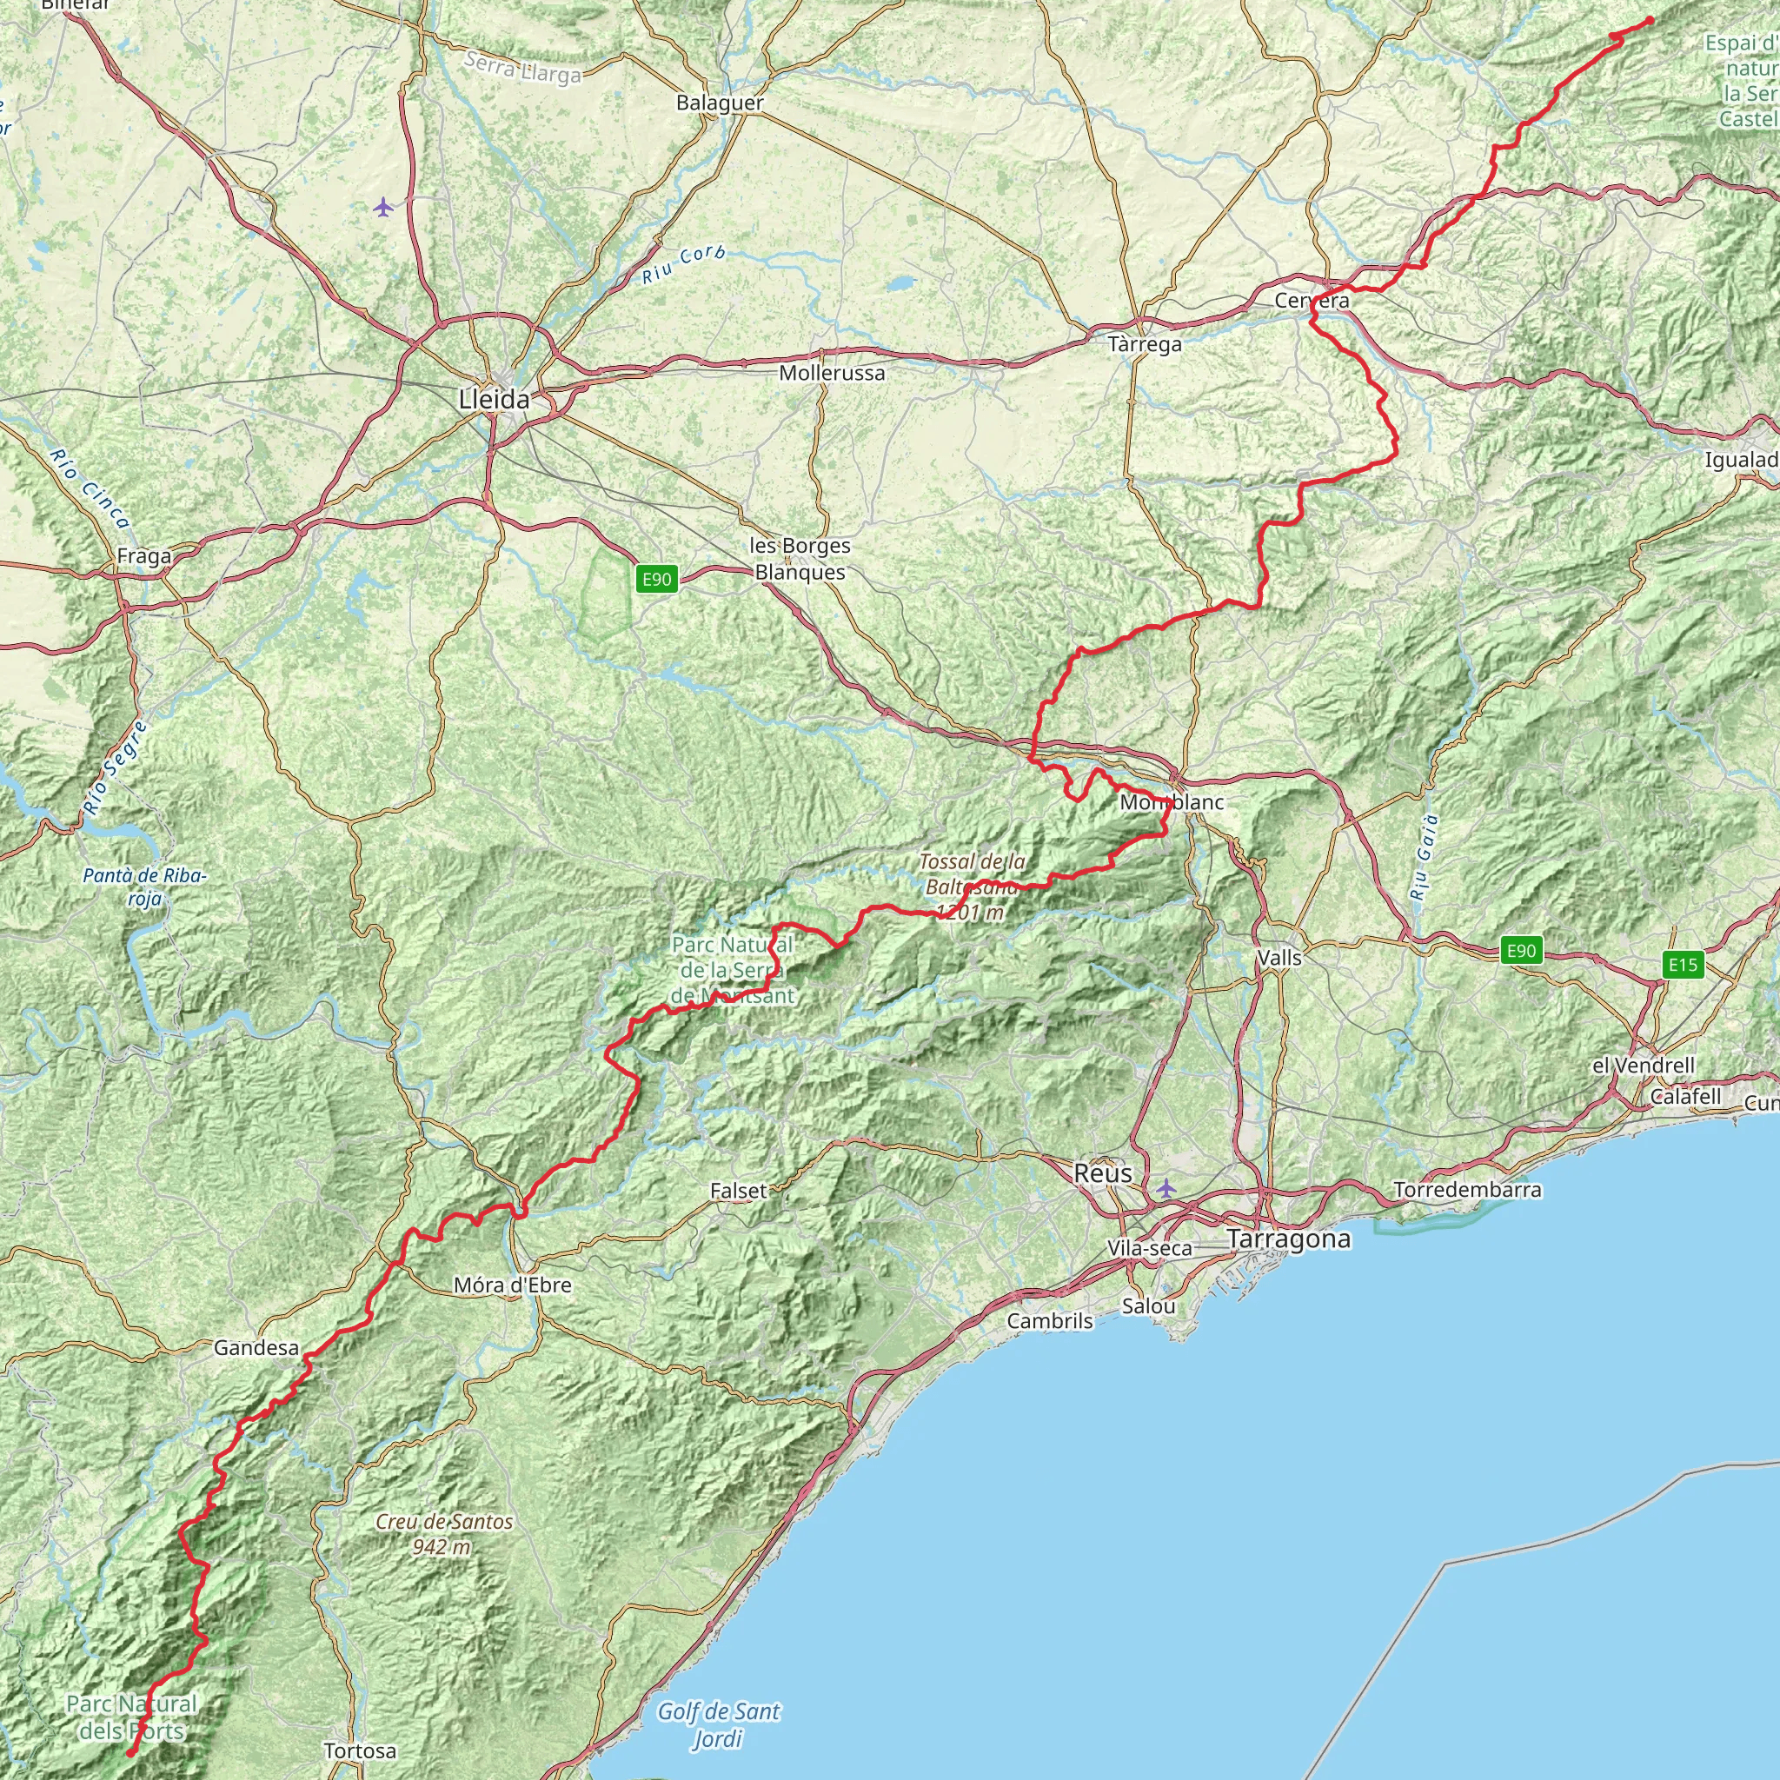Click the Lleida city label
tap(495, 399)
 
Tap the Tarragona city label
tap(1289, 1239)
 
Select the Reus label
tap(1103, 1172)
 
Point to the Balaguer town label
tap(720, 103)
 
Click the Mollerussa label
tap(832, 373)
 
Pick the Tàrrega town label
tap(1145, 344)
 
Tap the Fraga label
tap(143, 556)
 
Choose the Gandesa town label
tap(256, 1348)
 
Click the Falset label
tap(738, 1191)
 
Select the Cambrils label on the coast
tap(1049, 1320)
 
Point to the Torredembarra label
tap(1468, 1190)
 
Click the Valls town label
tap(1279, 957)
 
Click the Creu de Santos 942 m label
tap(443, 1534)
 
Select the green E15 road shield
tap(1683, 965)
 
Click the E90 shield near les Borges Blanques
tap(656, 579)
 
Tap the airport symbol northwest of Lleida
tap(384, 208)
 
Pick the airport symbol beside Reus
tap(1166, 1187)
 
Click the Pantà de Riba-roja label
tap(144, 887)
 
